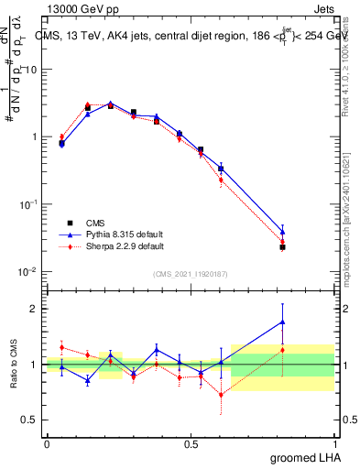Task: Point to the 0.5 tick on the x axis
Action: (191, 443)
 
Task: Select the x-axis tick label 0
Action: (47, 443)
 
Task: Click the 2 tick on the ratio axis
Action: (33, 309)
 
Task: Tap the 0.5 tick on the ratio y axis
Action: (29, 420)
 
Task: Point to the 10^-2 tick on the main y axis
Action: (27, 272)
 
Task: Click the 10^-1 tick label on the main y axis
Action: (27, 204)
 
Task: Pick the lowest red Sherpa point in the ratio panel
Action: (221, 395)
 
